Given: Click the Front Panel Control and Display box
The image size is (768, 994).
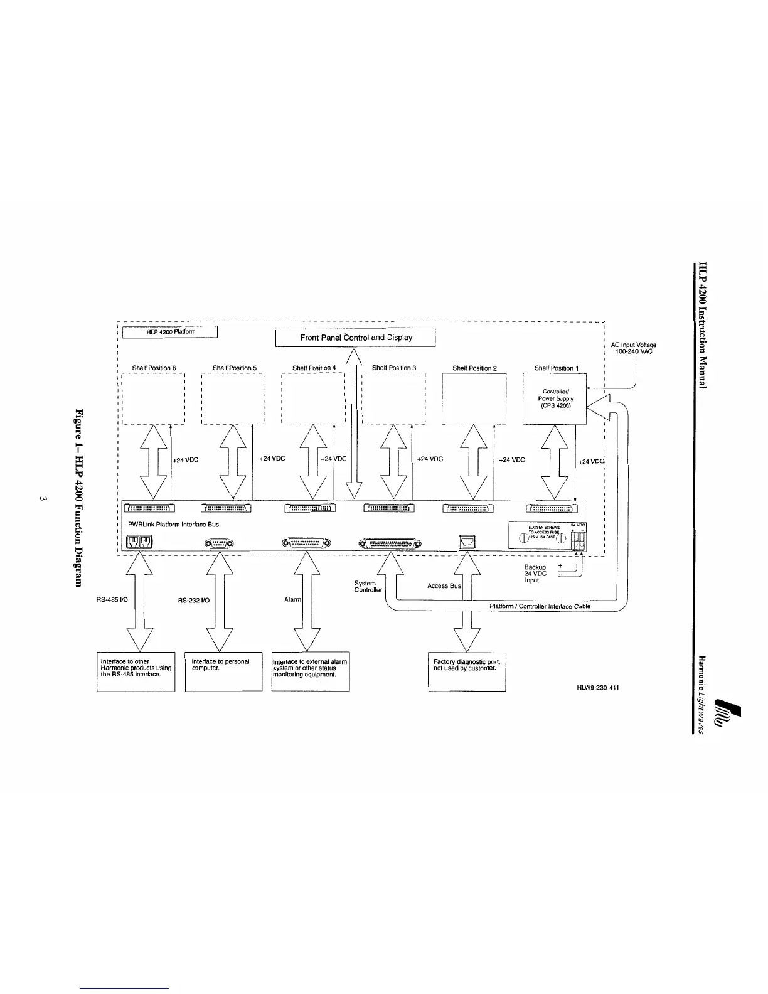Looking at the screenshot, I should pyautogui.click(x=356, y=338).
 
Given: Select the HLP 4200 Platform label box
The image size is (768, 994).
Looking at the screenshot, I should pyautogui.click(x=169, y=332).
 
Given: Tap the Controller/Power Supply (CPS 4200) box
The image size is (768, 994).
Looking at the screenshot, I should pyautogui.click(x=555, y=398).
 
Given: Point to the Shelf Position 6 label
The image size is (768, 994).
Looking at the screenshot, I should pyautogui.click(x=154, y=368).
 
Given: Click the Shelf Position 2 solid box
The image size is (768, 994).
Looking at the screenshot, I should pyautogui.click(x=474, y=398).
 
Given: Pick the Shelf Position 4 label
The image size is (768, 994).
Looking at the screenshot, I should pyautogui.click(x=314, y=368).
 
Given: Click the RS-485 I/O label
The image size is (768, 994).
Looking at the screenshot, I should pyautogui.click(x=112, y=600).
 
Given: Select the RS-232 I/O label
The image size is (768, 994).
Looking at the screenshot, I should pyautogui.click(x=194, y=601).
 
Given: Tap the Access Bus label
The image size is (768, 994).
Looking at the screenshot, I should pyautogui.click(x=444, y=586).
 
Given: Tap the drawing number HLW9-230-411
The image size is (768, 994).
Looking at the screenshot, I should pyautogui.click(x=598, y=688).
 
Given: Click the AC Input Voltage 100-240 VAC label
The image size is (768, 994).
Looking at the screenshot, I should pyautogui.click(x=633, y=348).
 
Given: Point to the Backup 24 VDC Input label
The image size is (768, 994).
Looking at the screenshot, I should pyautogui.click(x=535, y=574).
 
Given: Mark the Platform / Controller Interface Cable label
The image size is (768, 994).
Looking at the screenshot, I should pyautogui.click(x=540, y=607).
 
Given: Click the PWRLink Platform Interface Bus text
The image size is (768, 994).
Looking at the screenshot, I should pyautogui.click(x=173, y=524).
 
